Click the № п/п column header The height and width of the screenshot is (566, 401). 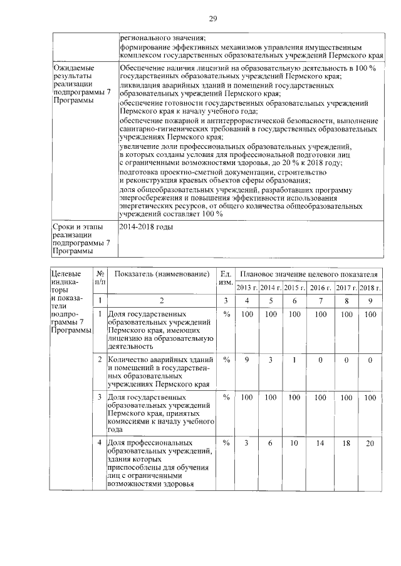100,278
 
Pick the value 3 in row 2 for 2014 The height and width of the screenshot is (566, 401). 270,360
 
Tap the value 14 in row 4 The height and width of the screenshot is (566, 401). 321,443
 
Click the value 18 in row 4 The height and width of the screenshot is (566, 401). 346,443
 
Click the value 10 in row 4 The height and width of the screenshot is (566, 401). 294,443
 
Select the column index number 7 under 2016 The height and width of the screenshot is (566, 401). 321,301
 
